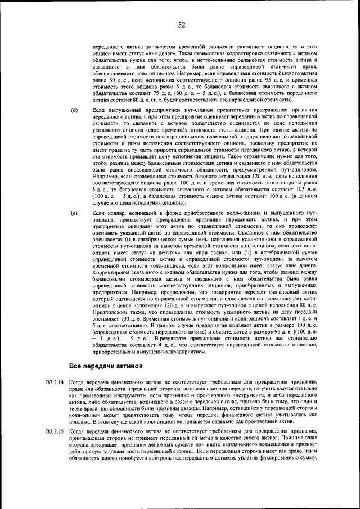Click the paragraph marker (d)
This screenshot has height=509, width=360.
click(74, 109)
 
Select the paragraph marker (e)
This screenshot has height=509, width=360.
click(74, 214)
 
